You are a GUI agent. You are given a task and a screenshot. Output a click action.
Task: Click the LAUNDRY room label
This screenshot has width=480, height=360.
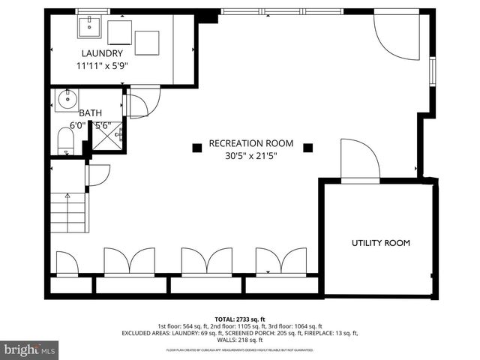pos(101,53)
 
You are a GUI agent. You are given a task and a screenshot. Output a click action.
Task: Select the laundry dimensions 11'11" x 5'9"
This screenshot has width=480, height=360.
pos(101,66)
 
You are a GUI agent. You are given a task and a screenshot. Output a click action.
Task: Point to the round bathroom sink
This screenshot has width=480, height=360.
pos(66,98)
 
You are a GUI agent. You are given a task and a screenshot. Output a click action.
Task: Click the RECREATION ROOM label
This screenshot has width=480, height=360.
pos(250,143)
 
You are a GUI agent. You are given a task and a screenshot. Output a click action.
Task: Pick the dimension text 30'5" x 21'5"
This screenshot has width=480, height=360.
pos(250,157)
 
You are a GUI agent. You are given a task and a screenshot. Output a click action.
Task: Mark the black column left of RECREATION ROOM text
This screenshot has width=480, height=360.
pos(196,148)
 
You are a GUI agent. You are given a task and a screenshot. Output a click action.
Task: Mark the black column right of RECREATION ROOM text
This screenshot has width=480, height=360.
pos(306,148)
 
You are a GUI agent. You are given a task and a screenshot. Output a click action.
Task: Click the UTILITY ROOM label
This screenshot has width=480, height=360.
pos(381,243)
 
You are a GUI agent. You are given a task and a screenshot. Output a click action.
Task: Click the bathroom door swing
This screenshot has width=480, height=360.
pos(142,103)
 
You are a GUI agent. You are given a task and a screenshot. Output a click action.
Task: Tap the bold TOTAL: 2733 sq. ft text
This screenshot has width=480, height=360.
pos(240,319)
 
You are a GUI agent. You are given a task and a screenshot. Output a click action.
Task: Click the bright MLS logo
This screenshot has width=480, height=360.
pos(30,349)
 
